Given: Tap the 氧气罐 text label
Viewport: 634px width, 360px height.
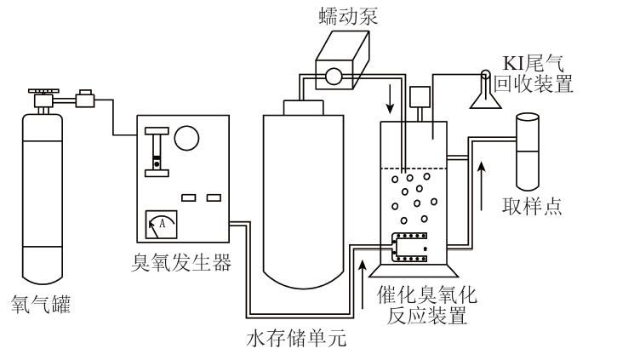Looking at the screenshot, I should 41,303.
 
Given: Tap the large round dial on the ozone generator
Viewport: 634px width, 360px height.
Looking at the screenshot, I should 187,139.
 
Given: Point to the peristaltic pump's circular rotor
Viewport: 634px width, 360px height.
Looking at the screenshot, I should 333,76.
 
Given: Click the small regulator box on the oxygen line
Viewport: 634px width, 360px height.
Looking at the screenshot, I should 85,100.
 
